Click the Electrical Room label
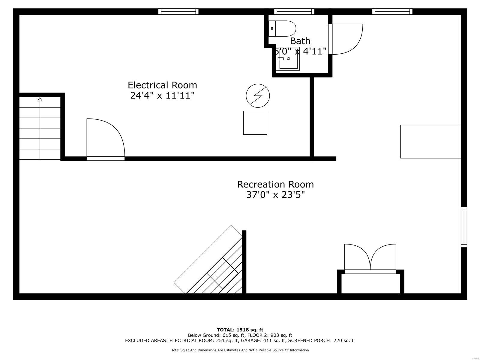pos(162,85)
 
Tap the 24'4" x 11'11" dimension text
pos(162,96)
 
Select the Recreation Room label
pos(275,184)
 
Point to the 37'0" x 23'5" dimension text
pos(275,195)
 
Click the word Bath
pos(300,41)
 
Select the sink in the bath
pos(289,59)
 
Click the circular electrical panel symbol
pos(258,96)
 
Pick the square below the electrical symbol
pos(255,123)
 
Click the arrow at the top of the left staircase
pos(40,99)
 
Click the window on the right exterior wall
pos(464,227)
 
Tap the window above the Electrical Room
pos(178,11)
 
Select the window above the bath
pos(294,11)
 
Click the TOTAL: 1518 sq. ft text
pos(240,330)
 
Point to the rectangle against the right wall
pos(430,141)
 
